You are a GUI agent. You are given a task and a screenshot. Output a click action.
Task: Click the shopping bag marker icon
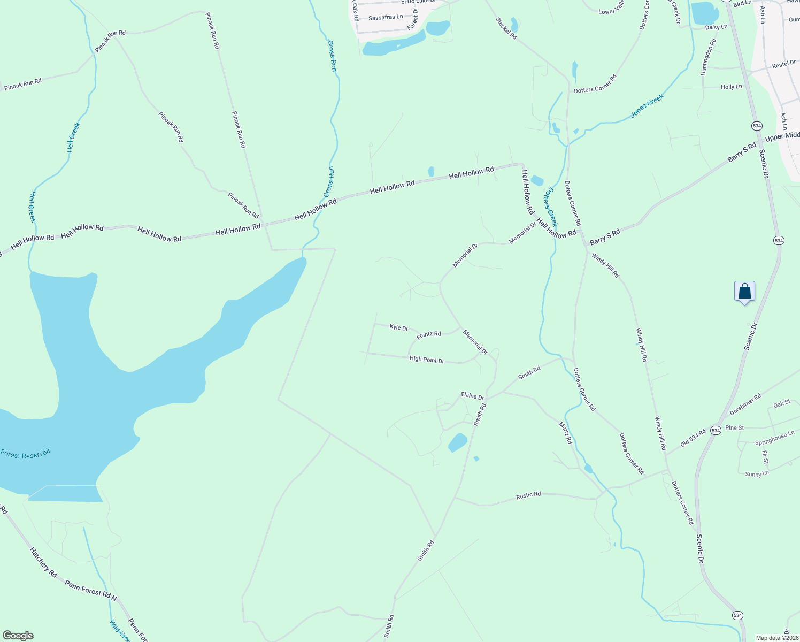[x=744, y=292]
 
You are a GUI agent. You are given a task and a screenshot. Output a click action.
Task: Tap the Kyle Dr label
[x=399, y=327]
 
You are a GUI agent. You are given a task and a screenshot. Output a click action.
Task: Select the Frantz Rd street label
[x=428, y=334]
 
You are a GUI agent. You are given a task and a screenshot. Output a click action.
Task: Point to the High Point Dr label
[x=427, y=360]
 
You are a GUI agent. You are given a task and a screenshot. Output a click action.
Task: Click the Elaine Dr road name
[x=472, y=396]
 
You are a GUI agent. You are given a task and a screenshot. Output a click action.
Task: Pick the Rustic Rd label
[x=528, y=495]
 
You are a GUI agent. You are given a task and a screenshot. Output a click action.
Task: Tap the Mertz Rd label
[x=565, y=432]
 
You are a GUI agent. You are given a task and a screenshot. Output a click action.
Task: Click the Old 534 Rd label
[x=693, y=437]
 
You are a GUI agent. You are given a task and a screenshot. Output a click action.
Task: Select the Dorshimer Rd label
[x=745, y=405]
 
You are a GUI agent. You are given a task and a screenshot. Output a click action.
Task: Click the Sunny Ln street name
[x=757, y=473]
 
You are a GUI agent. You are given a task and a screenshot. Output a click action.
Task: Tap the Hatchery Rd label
[x=43, y=562]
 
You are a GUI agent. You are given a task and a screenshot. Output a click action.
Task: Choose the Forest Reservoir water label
[x=25, y=454]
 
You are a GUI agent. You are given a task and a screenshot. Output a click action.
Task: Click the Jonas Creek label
[x=647, y=105]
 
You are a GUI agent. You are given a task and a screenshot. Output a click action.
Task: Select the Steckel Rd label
[x=506, y=28]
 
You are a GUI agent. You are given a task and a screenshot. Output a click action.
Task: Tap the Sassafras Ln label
[x=386, y=17]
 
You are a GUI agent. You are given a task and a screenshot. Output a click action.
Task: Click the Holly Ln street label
[x=731, y=87]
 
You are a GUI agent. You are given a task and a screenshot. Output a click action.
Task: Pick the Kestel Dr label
[x=784, y=64]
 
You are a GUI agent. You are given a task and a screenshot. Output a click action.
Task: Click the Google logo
[x=18, y=635]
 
